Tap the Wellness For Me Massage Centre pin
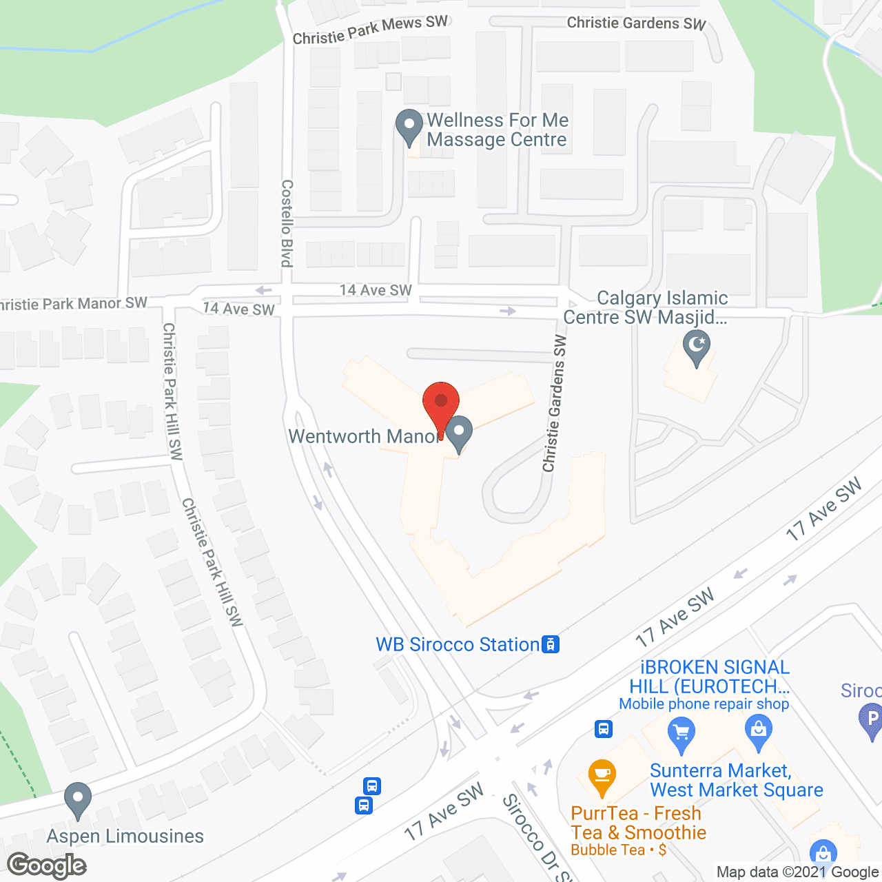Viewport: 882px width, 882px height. coord(409,126)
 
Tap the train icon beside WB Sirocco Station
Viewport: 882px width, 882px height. coord(551,644)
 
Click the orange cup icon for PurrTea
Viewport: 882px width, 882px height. coord(602,776)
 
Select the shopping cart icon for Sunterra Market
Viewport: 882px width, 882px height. coord(681,734)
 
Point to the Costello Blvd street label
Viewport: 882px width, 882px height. coord(287,223)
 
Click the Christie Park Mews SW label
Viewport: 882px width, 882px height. coord(370,30)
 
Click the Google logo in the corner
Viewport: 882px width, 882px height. coord(47,865)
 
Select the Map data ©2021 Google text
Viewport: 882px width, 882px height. coord(798,872)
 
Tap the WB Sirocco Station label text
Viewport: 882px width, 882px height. coord(458,644)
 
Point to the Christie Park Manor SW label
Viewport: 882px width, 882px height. coord(73,304)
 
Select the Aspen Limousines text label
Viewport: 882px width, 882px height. coord(125,836)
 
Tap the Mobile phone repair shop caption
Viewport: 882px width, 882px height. coord(704,704)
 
